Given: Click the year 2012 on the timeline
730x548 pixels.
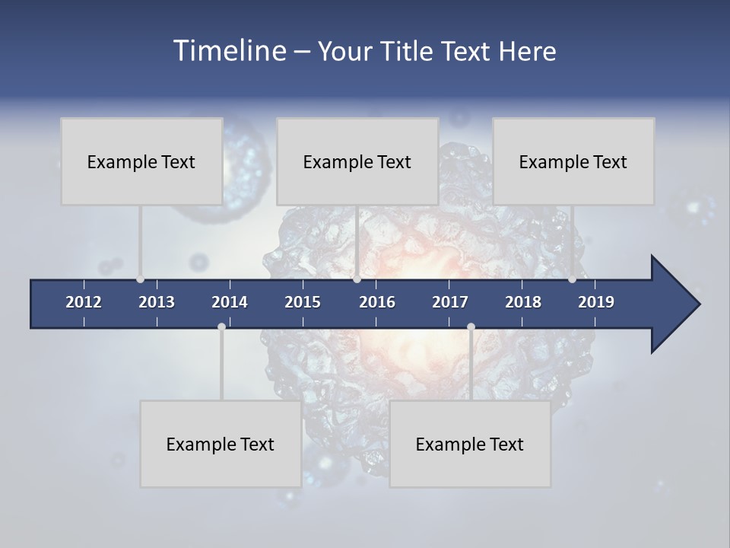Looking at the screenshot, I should coord(84,302).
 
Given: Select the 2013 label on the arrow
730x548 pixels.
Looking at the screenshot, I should coord(157,302).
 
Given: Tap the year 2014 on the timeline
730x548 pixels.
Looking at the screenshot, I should coord(230,302).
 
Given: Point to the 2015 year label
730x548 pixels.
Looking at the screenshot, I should coord(303,302).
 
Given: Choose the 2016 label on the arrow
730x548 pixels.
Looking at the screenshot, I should coord(377,302).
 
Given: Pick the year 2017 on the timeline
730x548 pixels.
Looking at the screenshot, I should coord(450,302).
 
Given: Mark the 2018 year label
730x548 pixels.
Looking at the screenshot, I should coord(523,302).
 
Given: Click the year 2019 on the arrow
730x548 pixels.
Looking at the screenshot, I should coord(596,302).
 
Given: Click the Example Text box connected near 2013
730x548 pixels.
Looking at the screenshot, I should coord(141,161).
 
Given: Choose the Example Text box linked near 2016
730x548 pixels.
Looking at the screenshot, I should coord(357,161).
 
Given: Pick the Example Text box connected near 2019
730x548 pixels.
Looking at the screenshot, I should coord(573,161).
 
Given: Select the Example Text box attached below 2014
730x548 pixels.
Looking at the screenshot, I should coord(221,444).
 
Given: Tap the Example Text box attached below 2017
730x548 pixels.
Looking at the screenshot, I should coord(470,444).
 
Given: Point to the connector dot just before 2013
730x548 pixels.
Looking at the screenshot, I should coord(141,279).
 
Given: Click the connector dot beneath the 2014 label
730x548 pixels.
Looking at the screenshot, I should coord(221,327).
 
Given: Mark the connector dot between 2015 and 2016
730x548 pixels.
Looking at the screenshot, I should coord(357,279).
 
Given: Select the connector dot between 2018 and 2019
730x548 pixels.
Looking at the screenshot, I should coord(572,279).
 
